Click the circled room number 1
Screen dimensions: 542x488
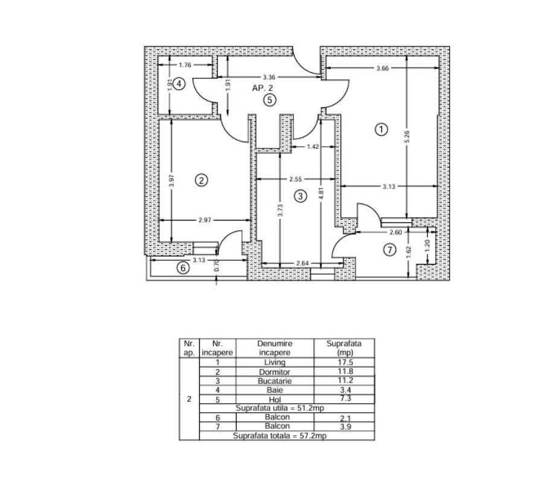(x=381, y=130)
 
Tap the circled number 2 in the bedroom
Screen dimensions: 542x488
(x=202, y=180)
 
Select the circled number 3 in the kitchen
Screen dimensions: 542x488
(x=301, y=196)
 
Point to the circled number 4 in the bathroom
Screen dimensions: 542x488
(x=179, y=84)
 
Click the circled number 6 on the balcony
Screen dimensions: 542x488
(x=183, y=268)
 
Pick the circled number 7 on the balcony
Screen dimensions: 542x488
(x=390, y=249)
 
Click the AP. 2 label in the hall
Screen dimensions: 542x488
(x=263, y=88)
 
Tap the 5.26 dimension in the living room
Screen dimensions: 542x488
(x=407, y=137)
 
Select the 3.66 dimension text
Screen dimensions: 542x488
(x=382, y=68)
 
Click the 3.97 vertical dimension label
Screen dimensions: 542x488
(x=172, y=181)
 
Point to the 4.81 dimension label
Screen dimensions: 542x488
(x=321, y=193)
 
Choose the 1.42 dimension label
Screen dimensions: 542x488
(x=313, y=146)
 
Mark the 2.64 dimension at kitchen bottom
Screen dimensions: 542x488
(x=302, y=263)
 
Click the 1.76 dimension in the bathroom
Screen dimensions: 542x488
(x=185, y=65)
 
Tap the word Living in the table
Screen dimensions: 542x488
(x=275, y=362)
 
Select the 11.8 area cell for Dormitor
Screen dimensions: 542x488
(x=345, y=371)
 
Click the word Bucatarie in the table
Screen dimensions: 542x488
(x=275, y=381)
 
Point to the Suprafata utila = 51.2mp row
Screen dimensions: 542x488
(x=280, y=408)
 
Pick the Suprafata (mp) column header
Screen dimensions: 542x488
(x=344, y=348)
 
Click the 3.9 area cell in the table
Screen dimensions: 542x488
(x=345, y=427)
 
